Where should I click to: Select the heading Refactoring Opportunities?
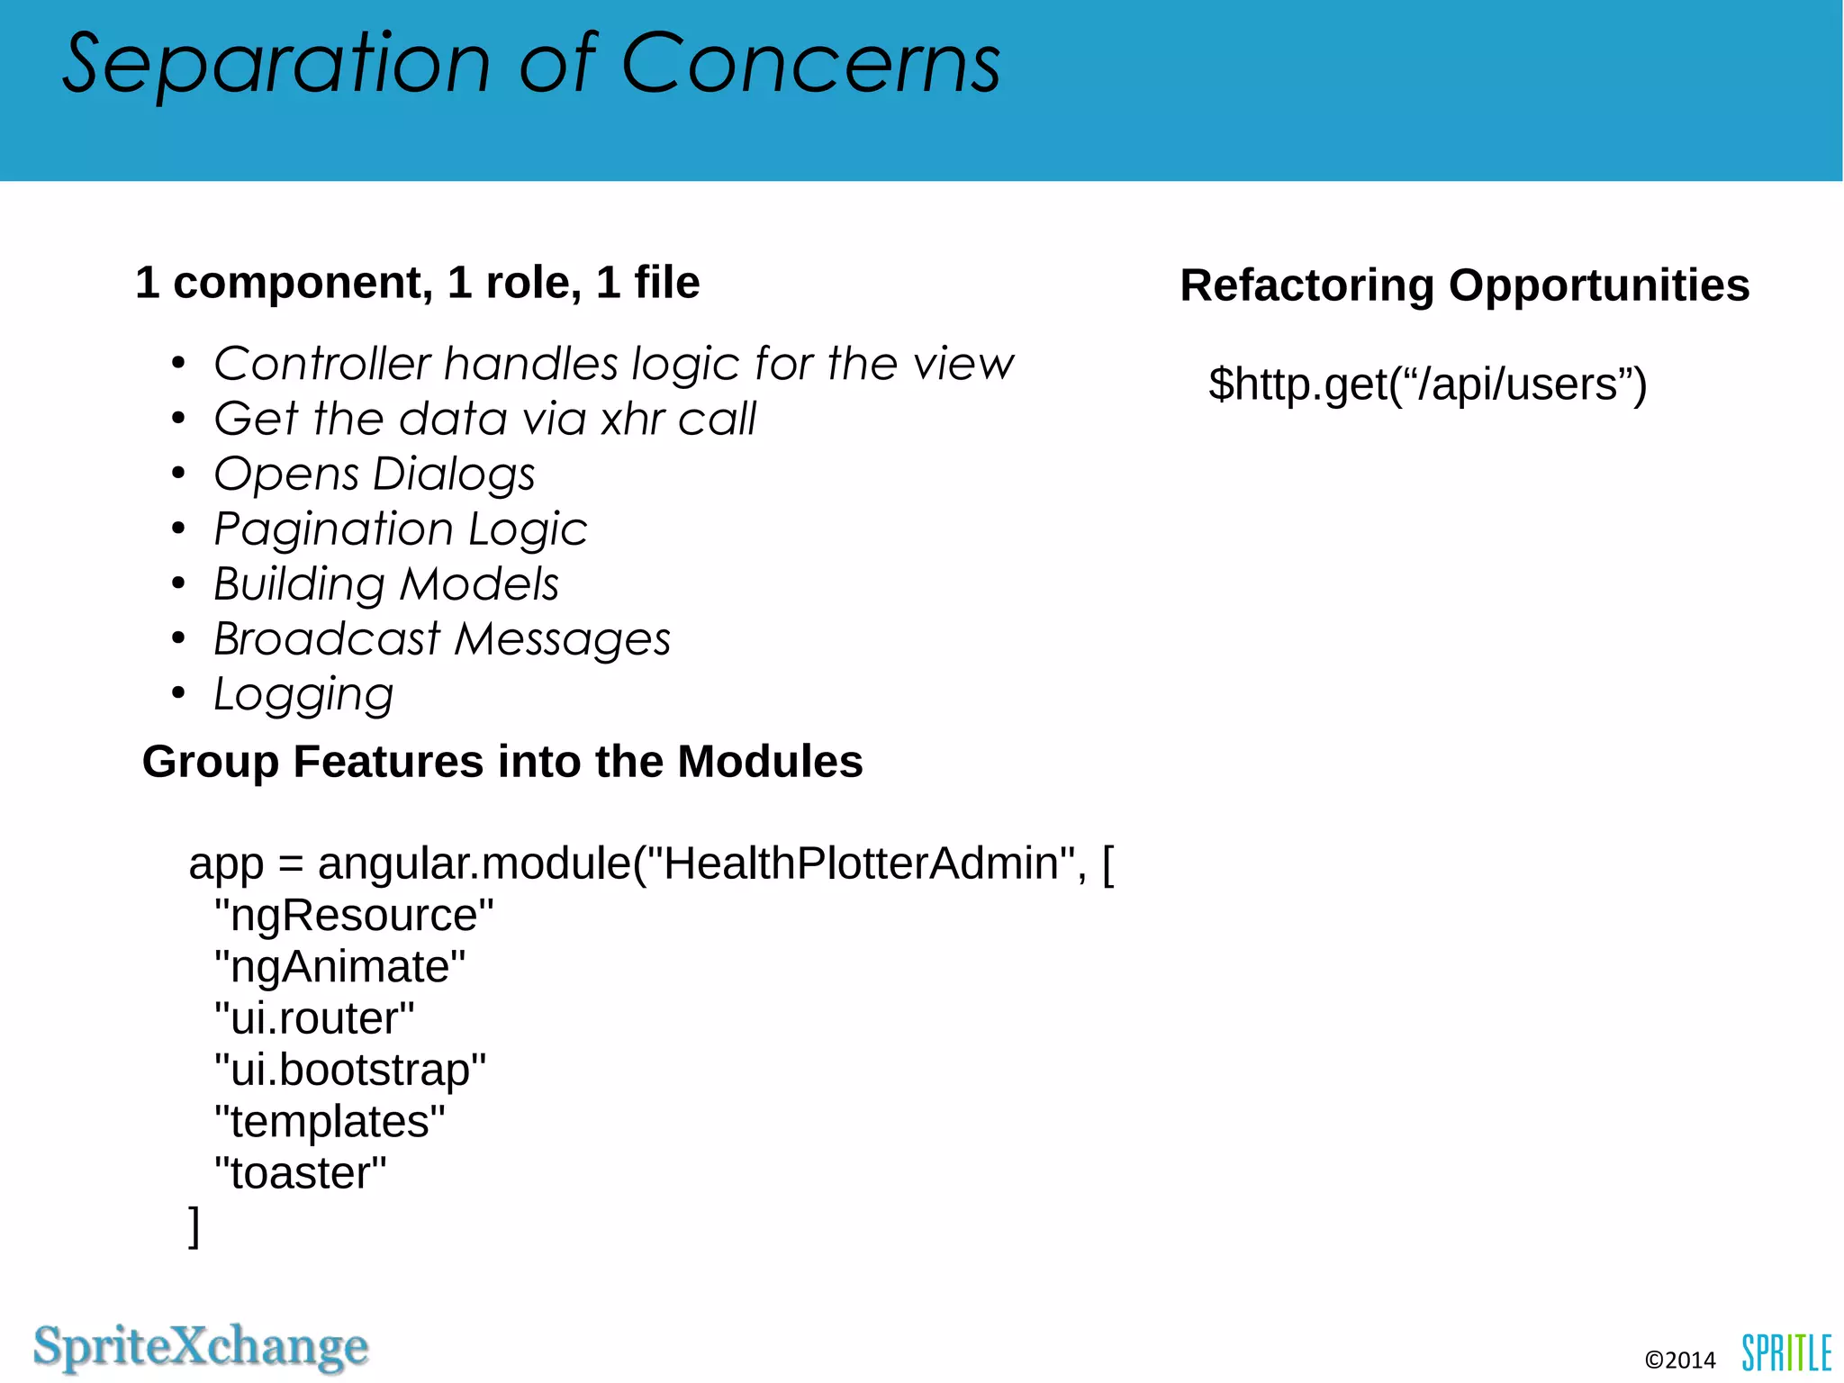1464,285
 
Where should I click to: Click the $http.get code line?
1427,384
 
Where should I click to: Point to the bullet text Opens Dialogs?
374,475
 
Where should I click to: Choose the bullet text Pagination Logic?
400,529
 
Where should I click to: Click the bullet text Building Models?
385,584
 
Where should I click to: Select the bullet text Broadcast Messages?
441,639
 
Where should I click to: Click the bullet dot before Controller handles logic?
178,365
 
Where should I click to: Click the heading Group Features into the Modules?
502,762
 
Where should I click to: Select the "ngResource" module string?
354,916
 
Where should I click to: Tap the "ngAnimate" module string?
339,967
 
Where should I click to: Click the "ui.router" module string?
314,1018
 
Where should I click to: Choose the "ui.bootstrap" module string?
350,1071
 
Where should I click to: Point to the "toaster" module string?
300,1173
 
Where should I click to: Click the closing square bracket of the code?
194,1226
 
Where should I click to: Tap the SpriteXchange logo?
201,1347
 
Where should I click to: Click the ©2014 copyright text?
1679,1360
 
